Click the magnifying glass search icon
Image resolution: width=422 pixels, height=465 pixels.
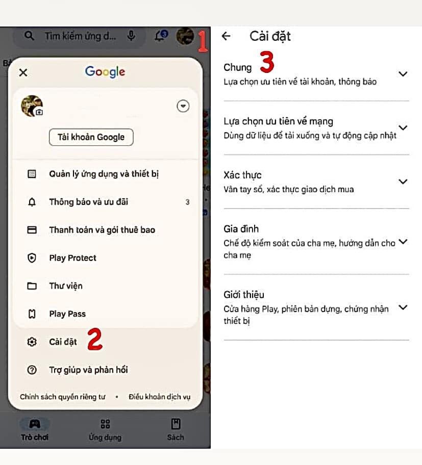29,36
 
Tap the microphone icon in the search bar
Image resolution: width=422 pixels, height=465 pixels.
131,36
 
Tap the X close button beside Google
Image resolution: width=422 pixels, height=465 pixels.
23,72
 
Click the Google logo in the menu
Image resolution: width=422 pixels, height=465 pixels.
105,72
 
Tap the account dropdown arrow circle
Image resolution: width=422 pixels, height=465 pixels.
183,106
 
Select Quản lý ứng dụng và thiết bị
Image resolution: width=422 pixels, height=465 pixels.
104,174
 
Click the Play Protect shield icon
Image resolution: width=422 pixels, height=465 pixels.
32,258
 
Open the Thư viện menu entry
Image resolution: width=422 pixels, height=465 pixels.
66,286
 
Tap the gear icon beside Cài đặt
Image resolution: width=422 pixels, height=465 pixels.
32,342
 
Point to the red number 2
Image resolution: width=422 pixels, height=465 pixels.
95,339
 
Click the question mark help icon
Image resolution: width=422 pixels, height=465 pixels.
32,370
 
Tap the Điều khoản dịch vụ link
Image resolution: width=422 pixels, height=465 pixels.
159,397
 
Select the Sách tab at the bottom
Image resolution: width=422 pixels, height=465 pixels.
176,429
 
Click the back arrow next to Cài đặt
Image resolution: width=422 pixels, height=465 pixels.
226,36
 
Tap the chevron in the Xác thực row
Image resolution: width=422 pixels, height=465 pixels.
403,182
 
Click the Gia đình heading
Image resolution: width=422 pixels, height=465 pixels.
241,229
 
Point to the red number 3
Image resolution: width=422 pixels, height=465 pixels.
267,62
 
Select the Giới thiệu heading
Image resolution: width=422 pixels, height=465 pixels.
243,295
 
